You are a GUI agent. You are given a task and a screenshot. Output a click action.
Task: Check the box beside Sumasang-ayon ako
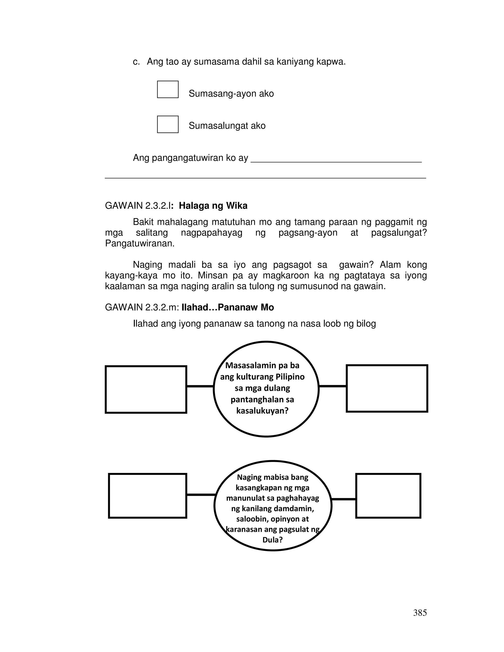pyautogui.click(x=168, y=89)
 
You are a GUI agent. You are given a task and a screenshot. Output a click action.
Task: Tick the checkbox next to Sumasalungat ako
pyautogui.click(x=168, y=124)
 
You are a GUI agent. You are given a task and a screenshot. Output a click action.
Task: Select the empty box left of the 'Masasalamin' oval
pyautogui.click(x=146, y=389)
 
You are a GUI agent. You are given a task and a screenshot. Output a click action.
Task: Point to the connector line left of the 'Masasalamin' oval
pyautogui.click(x=200, y=386)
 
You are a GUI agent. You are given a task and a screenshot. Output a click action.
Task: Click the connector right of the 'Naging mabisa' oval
pyautogui.click(x=343, y=499)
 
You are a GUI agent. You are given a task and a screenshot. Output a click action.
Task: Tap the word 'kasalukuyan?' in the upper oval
pyautogui.click(x=262, y=411)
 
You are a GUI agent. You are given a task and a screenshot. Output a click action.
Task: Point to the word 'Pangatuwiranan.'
pyautogui.click(x=140, y=243)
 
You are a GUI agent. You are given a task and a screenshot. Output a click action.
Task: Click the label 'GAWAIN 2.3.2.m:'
pyautogui.click(x=142, y=307)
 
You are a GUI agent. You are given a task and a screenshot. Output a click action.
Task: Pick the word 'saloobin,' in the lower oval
pyautogui.click(x=252, y=519)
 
